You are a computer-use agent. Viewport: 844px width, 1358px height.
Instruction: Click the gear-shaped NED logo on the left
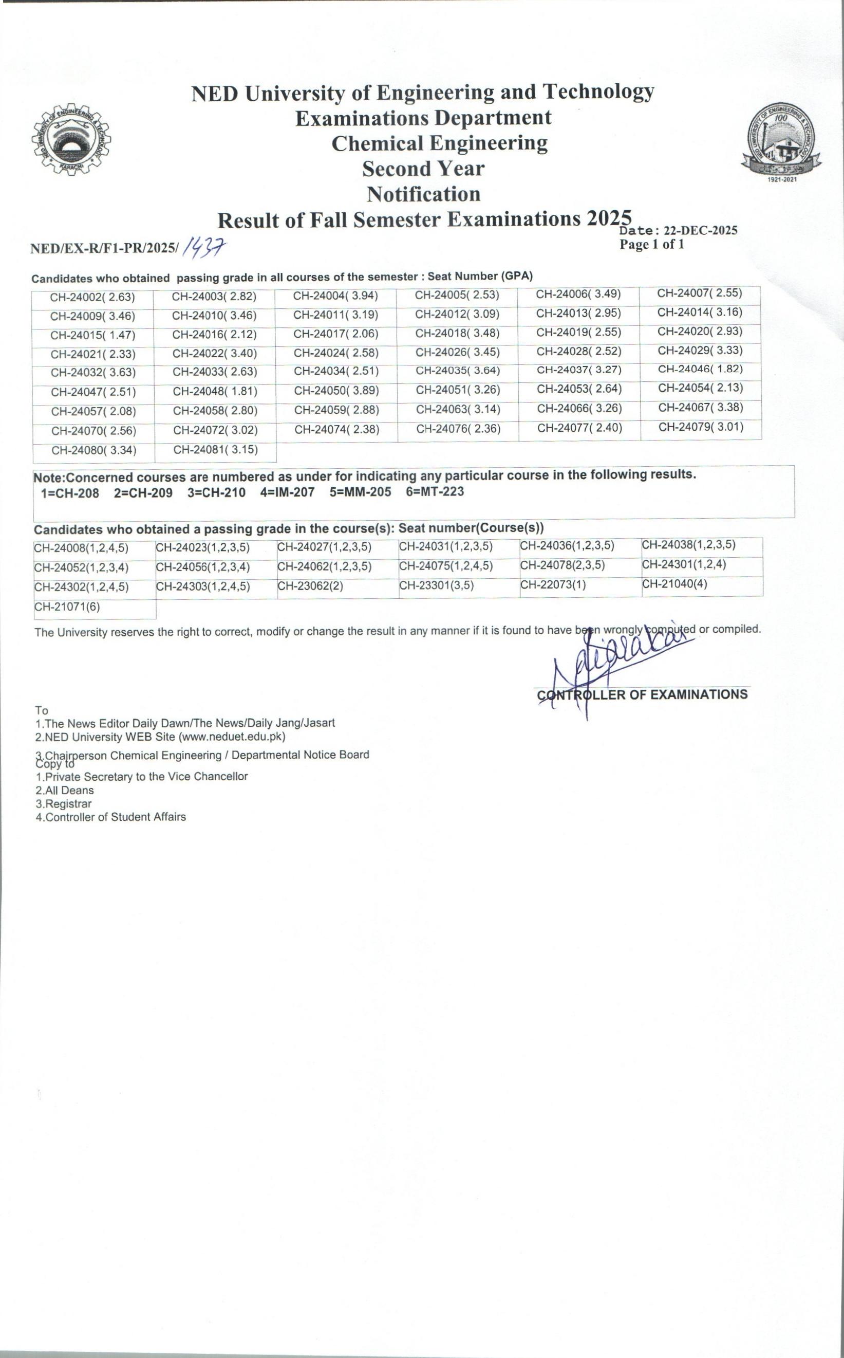pos(71,140)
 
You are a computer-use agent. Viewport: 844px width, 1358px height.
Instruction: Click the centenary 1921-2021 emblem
pos(781,141)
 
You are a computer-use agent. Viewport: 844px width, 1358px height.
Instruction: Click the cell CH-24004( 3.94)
pos(335,296)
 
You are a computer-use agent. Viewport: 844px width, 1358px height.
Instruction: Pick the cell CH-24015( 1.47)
pos(92,335)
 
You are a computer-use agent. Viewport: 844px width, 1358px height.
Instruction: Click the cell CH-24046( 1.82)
pos(700,369)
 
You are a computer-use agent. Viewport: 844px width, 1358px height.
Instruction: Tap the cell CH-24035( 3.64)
pos(458,371)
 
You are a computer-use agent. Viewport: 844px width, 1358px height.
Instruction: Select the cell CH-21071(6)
pos(67,607)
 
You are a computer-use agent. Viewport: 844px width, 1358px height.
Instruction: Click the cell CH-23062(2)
pos(310,587)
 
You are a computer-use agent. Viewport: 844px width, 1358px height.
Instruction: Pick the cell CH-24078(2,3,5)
pos(562,565)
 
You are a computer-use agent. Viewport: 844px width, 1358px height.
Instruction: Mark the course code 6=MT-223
pos(435,492)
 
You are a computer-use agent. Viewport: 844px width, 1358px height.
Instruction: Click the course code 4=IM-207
pos(288,492)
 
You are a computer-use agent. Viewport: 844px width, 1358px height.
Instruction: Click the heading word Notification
pos(424,194)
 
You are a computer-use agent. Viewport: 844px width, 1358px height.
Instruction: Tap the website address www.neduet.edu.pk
pos(232,737)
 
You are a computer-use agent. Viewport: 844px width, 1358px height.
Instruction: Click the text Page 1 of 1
pos(651,245)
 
